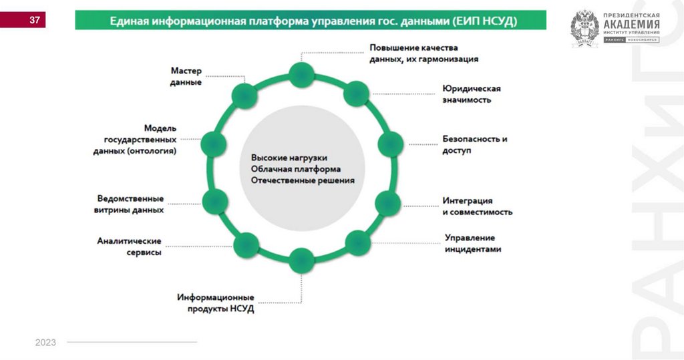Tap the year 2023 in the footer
[45, 343]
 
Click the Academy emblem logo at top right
[584, 29]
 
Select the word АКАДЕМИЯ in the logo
[631, 25]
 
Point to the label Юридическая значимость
[471, 94]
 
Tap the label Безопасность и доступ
[474, 145]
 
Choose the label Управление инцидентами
[472, 243]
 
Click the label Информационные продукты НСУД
[215, 303]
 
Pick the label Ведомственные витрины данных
[130, 204]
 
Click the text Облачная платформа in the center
[296, 169]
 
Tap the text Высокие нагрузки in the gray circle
[289, 158]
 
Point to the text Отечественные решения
[303, 180]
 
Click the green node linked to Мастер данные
[244, 96]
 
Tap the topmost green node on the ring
[301, 73]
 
